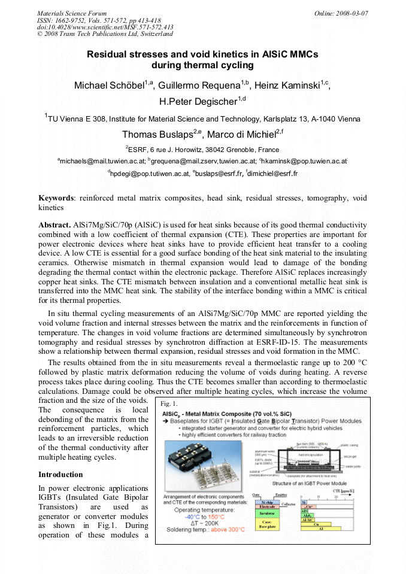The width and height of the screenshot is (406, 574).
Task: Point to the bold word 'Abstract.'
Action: tap(54, 223)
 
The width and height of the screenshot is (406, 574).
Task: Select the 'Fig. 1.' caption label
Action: tap(171, 404)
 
